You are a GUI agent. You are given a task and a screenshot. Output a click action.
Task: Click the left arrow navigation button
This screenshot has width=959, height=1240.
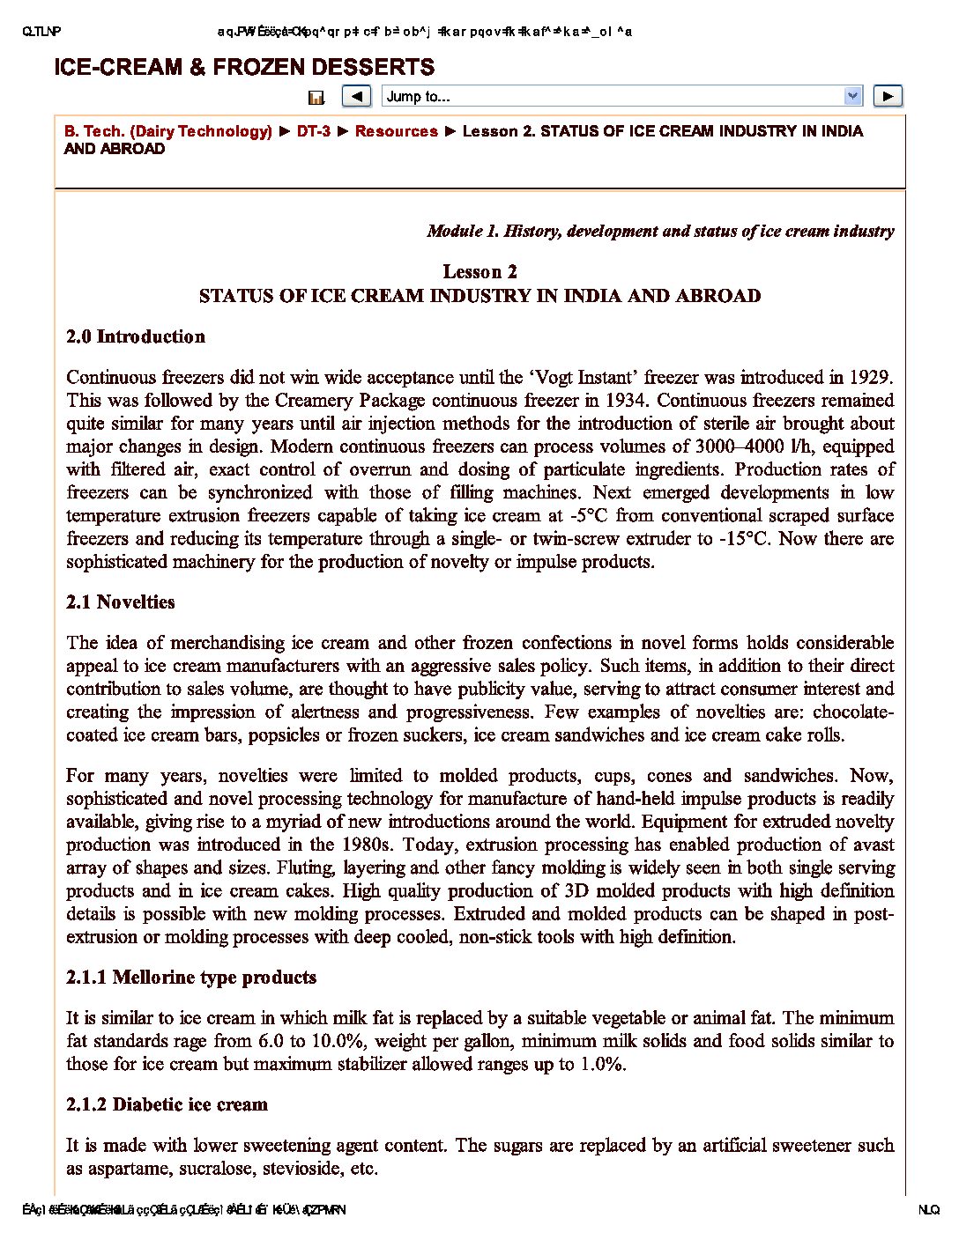tap(356, 96)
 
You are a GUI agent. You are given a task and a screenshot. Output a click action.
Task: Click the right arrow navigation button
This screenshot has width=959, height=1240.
tap(888, 96)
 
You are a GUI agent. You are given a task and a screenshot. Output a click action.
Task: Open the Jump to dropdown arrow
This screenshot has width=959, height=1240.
tap(852, 96)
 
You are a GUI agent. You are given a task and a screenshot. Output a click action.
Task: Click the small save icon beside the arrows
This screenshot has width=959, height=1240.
tap(316, 98)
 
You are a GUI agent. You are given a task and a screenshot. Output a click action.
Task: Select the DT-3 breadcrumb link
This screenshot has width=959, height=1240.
tap(314, 131)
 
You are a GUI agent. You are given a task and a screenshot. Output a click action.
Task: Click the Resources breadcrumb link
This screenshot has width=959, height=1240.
tap(396, 131)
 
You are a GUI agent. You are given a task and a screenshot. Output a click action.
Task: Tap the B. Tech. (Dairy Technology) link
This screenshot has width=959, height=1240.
tap(167, 131)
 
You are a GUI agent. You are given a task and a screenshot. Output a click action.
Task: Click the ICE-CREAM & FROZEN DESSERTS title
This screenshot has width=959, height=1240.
tap(244, 67)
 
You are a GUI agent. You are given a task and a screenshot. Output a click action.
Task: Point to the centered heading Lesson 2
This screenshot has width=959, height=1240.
tap(479, 271)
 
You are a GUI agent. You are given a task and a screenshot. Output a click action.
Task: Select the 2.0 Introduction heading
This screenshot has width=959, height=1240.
tap(136, 336)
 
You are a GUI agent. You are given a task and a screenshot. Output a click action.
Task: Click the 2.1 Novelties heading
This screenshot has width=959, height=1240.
tap(121, 602)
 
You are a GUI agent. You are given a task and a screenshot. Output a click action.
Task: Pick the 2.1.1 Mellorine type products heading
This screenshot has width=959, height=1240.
tap(191, 978)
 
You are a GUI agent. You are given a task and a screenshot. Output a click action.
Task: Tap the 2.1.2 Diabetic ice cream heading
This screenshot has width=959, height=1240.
tap(167, 1104)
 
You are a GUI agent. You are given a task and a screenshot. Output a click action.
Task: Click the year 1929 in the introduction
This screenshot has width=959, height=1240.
tap(870, 378)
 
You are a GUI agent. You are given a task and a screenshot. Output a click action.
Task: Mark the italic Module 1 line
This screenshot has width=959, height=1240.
tap(660, 232)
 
